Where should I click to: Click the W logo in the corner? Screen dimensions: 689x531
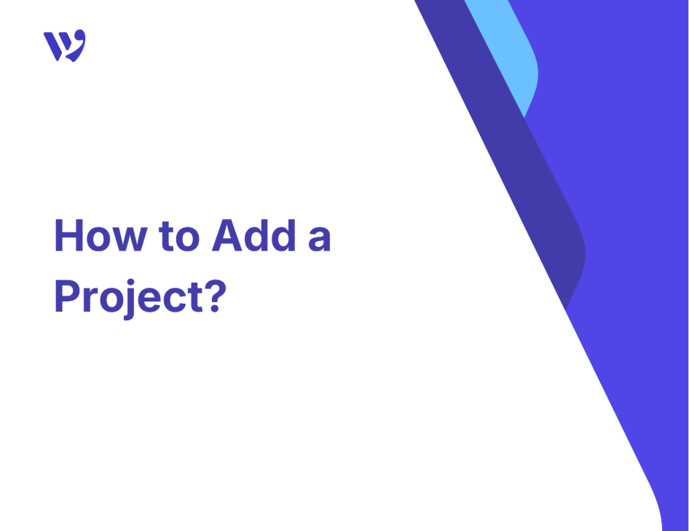click(x=65, y=46)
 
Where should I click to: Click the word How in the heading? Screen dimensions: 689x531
click(x=101, y=235)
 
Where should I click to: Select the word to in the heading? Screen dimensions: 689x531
click(x=180, y=237)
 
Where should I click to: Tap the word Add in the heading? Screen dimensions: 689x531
click(x=254, y=235)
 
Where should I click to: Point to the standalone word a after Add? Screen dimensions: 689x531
click(x=319, y=240)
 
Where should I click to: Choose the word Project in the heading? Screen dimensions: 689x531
click(x=129, y=298)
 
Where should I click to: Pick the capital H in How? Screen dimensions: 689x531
click(x=69, y=235)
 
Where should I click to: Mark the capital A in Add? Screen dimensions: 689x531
click(x=227, y=235)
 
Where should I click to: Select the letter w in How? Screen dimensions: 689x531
click(x=130, y=240)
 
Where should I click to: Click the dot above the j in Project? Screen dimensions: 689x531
click(x=130, y=282)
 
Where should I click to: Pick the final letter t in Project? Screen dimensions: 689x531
click(x=197, y=298)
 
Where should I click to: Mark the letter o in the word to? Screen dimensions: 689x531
click(x=189, y=240)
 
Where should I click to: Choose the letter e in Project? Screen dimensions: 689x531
click(x=151, y=301)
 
